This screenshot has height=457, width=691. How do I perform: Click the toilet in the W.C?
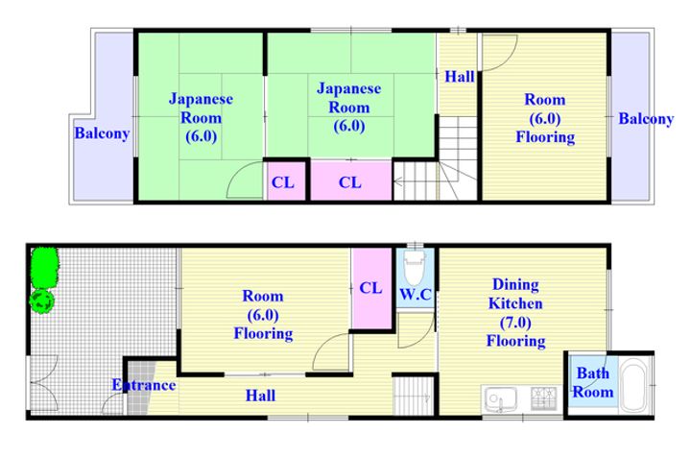tap(415, 267)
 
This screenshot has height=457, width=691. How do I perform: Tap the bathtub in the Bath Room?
tap(632, 384)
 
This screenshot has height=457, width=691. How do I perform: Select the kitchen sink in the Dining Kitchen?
tap(501, 398)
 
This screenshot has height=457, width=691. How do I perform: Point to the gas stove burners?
tap(544, 397)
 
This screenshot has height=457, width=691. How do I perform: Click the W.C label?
tap(416, 294)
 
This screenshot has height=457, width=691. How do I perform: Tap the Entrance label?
tap(144, 385)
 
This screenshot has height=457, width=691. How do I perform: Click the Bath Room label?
tap(593, 382)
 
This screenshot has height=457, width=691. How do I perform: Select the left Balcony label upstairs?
tap(102, 133)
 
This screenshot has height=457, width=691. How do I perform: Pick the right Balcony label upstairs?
tap(646, 118)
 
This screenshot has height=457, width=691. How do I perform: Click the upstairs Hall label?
tap(459, 77)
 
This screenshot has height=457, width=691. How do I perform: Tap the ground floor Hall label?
tap(260, 396)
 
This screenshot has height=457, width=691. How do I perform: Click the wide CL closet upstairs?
tap(351, 181)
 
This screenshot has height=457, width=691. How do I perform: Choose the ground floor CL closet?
tap(372, 288)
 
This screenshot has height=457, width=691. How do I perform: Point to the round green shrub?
tap(42, 301)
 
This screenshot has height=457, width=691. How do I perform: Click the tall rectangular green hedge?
tap(44, 267)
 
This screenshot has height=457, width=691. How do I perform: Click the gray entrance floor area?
tap(139, 388)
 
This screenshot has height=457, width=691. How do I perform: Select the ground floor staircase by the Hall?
tap(414, 396)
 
